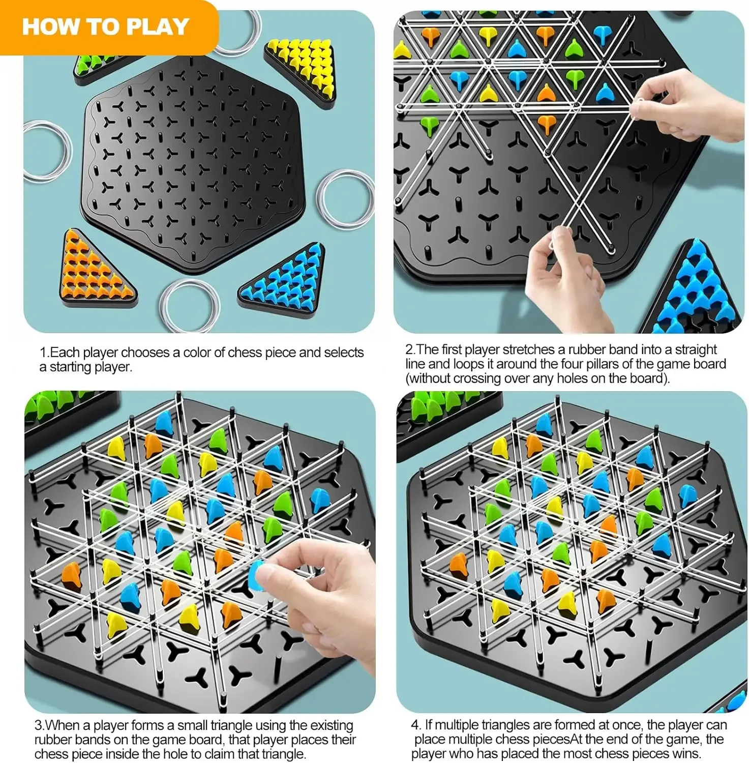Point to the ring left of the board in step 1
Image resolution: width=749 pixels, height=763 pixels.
tap(47, 151)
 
